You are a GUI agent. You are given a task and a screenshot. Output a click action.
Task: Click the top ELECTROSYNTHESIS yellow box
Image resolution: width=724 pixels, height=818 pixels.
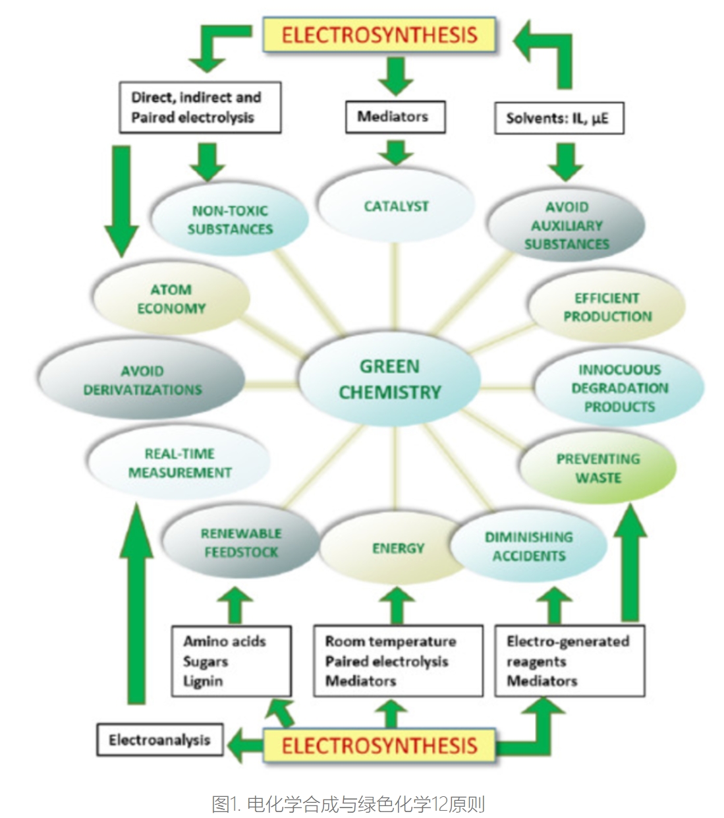click(379, 34)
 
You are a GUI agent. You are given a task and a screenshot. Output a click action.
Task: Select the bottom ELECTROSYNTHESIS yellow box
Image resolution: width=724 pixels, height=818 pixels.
click(379, 745)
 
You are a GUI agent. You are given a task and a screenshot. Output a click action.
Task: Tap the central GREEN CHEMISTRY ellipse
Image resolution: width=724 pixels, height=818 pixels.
click(389, 379)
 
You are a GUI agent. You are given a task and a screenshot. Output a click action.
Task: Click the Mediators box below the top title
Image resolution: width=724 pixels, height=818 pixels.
click(395, 117)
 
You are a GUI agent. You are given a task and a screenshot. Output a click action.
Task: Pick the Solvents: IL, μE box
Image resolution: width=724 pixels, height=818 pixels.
click(558, 119)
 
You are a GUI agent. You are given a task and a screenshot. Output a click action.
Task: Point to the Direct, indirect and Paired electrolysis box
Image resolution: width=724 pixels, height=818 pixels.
click(200, 107)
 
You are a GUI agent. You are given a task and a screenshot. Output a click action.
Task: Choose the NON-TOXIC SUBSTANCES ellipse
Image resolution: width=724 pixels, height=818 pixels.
click(229, 219)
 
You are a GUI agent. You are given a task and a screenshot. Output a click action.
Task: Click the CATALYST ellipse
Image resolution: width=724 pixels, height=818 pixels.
click(396, 206)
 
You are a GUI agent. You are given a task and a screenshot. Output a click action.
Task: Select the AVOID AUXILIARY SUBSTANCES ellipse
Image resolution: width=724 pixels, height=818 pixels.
click(567, 225)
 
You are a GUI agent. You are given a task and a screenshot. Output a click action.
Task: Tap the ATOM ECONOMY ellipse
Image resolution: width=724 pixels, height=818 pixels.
click(171, 299)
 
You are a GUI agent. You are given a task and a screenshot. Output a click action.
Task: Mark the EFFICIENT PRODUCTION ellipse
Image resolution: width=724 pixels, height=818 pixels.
click(607, 307)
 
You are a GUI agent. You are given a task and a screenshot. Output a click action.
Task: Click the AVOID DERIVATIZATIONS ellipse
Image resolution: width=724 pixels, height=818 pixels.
click(142, 380)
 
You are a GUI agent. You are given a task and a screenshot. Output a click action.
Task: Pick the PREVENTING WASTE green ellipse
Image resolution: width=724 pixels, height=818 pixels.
click(598, 468)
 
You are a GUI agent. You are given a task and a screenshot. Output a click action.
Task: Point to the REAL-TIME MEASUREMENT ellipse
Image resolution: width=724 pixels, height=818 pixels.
click(179, 463)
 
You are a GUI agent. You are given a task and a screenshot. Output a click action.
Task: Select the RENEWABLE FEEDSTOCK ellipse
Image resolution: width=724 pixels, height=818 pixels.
click(240, 542)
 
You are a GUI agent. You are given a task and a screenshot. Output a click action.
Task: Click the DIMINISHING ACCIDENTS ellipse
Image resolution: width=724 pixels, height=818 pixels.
click(528, 546)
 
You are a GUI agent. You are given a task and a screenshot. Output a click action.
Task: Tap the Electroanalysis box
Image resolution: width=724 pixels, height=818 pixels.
click(159, 740)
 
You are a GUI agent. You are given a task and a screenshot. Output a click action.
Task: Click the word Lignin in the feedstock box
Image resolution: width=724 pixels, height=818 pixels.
click(203, 681)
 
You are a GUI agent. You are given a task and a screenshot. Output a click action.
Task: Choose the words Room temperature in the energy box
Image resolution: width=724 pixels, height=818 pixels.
click(390, 641)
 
